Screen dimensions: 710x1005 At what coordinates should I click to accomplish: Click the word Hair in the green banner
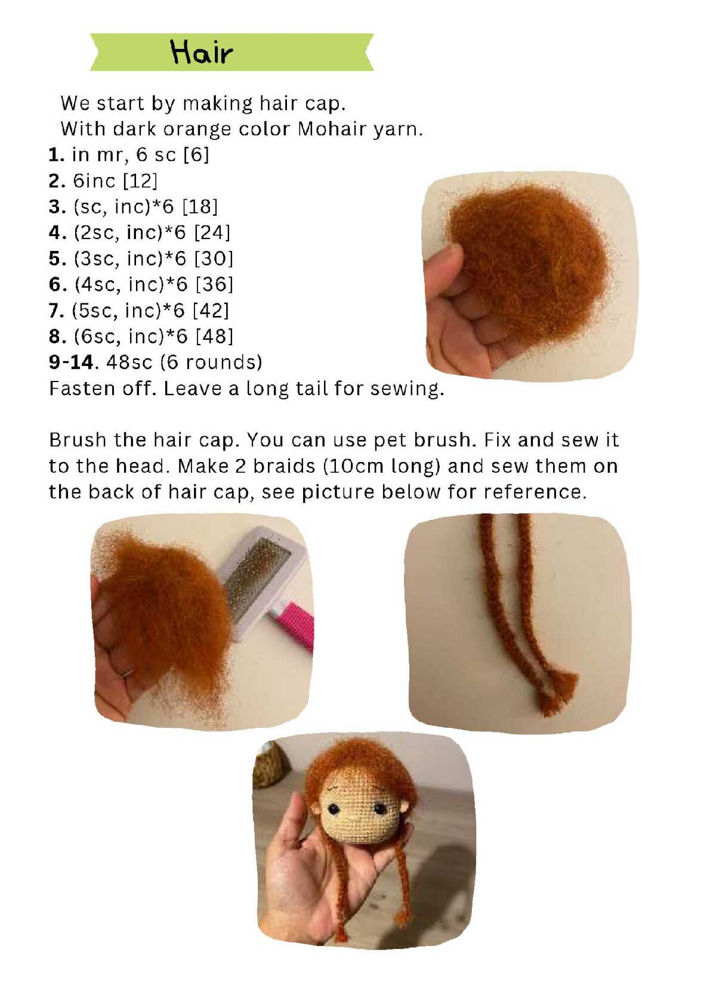202,52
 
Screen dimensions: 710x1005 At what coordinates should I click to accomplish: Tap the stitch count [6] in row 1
197,155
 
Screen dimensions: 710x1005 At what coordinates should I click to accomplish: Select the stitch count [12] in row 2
140,181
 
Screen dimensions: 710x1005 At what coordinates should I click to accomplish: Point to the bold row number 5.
57,259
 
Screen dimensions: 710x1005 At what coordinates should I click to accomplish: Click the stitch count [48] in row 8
215,336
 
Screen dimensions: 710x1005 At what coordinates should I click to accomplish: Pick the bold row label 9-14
72,362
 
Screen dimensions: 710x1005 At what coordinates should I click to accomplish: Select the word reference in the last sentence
535,492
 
